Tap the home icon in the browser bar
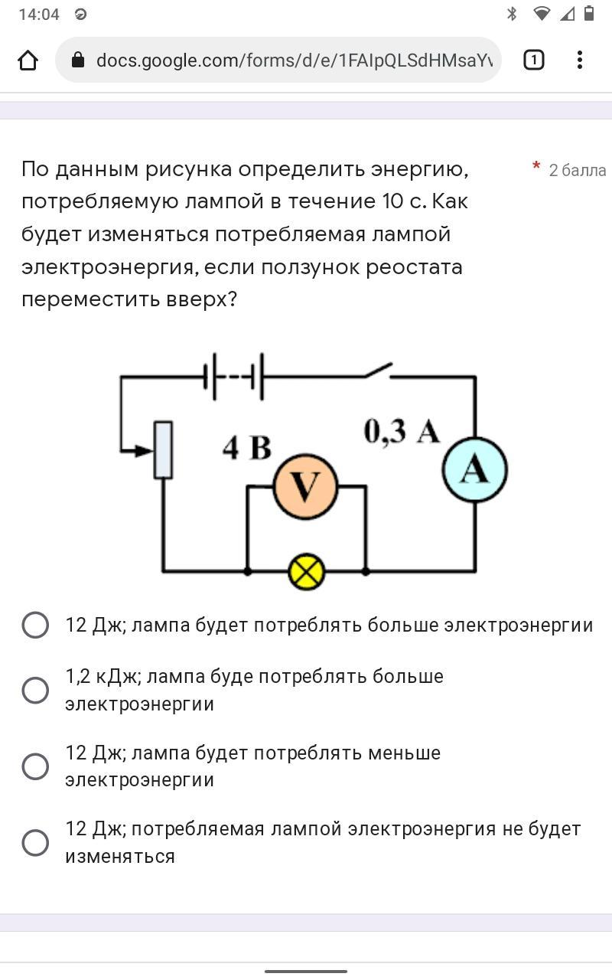click(28, 60)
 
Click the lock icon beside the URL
click(77, 60)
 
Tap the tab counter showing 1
click(533, 60)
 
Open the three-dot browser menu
click(580, 60)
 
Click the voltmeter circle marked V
click(306, 486)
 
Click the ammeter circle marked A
click(474, 469)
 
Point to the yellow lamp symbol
click(306, 571)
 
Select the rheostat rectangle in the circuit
click(163, 450)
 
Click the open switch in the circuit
click(377, 371)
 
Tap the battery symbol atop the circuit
click(234, 376)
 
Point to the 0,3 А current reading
click(402, 432)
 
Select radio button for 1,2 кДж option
click(35, 690)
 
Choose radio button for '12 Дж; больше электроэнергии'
click(35, 625)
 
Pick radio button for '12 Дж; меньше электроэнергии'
click(35, 766)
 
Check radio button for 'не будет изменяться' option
click(35, 842)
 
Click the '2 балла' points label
click(577, 170)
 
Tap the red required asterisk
click(536, 166)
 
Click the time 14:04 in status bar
click(38, 15)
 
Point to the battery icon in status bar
click(588, 13)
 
